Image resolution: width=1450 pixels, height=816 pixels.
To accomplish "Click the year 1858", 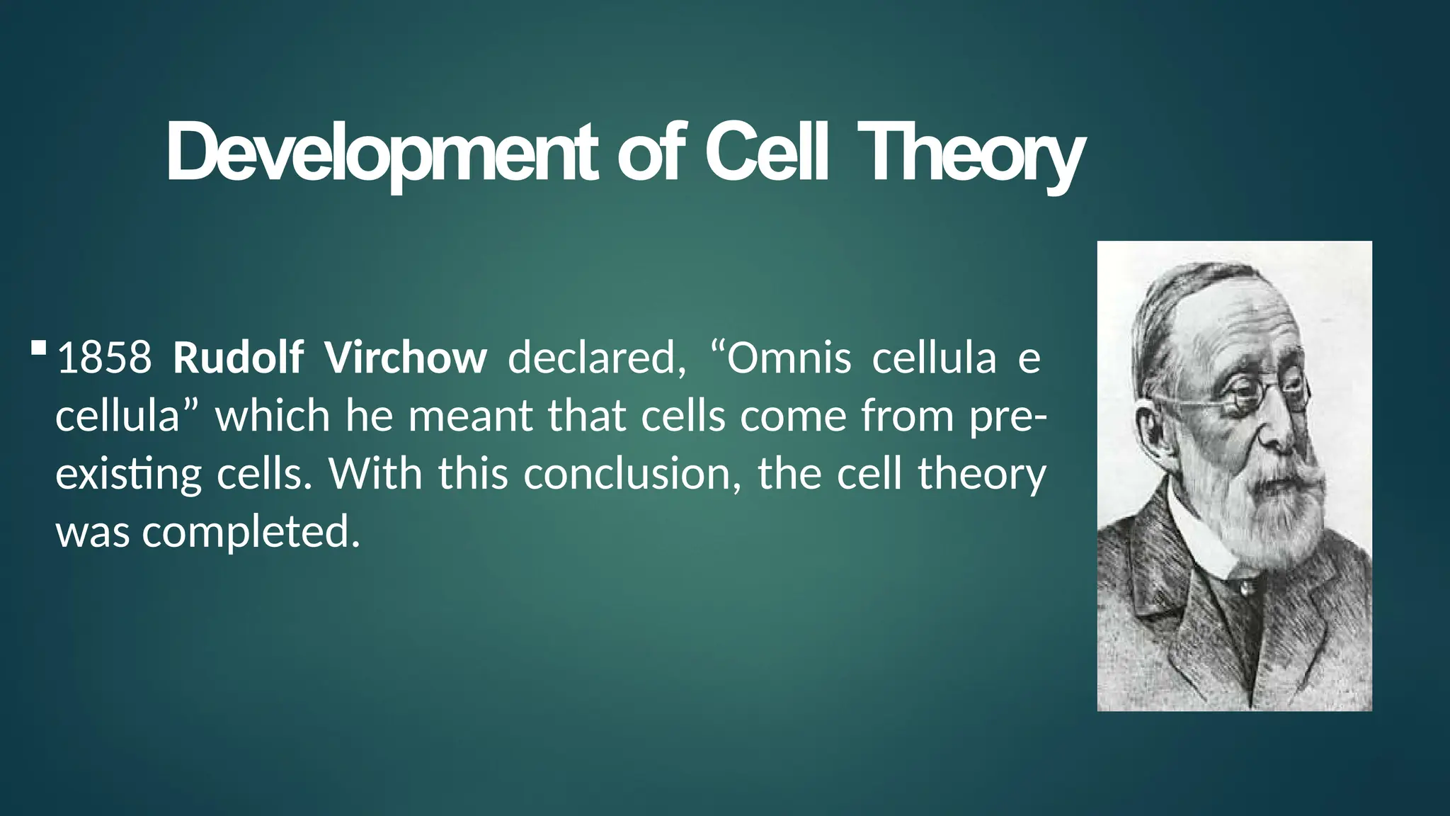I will pos(104,358).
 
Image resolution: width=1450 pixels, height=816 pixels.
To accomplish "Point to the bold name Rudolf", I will pos(239,358).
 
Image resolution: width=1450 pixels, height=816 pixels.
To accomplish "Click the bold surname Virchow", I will pos(406,358).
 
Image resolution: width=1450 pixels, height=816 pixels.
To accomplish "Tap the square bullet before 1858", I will pos(39,348).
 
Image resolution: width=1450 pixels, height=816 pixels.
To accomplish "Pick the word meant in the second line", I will pos(470,416).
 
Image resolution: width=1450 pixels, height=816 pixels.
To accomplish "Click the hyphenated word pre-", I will pos(1008,416).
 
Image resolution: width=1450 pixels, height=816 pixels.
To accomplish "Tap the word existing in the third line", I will pos(128,474).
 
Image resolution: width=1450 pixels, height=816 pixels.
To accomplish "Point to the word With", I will pos(375,474).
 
